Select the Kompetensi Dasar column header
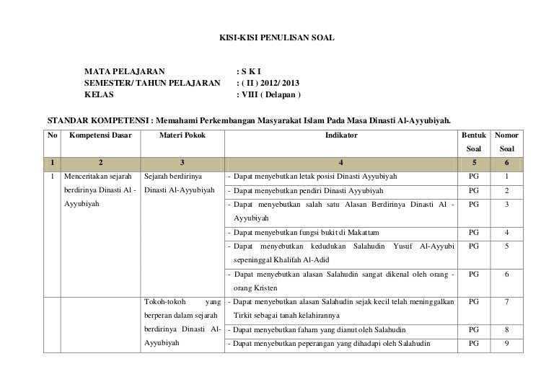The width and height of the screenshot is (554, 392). tap(100, 135)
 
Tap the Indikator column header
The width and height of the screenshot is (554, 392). tap(340, 135)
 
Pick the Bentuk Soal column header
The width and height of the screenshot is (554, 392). tap(473, 142)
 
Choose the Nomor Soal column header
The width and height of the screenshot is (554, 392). tap(508, 142)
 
